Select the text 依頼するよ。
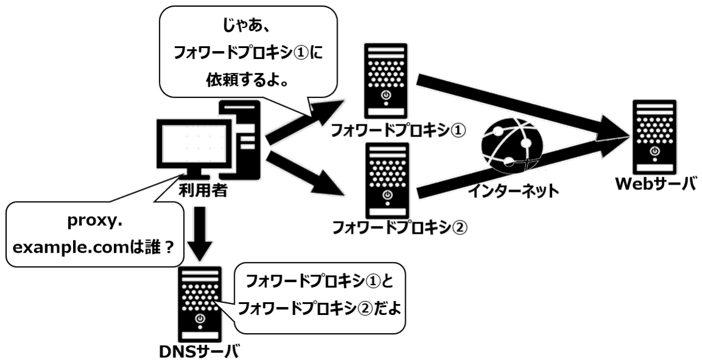tap(247, 80)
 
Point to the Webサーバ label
tap(656, 184)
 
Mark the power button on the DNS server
tap(199, 318)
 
